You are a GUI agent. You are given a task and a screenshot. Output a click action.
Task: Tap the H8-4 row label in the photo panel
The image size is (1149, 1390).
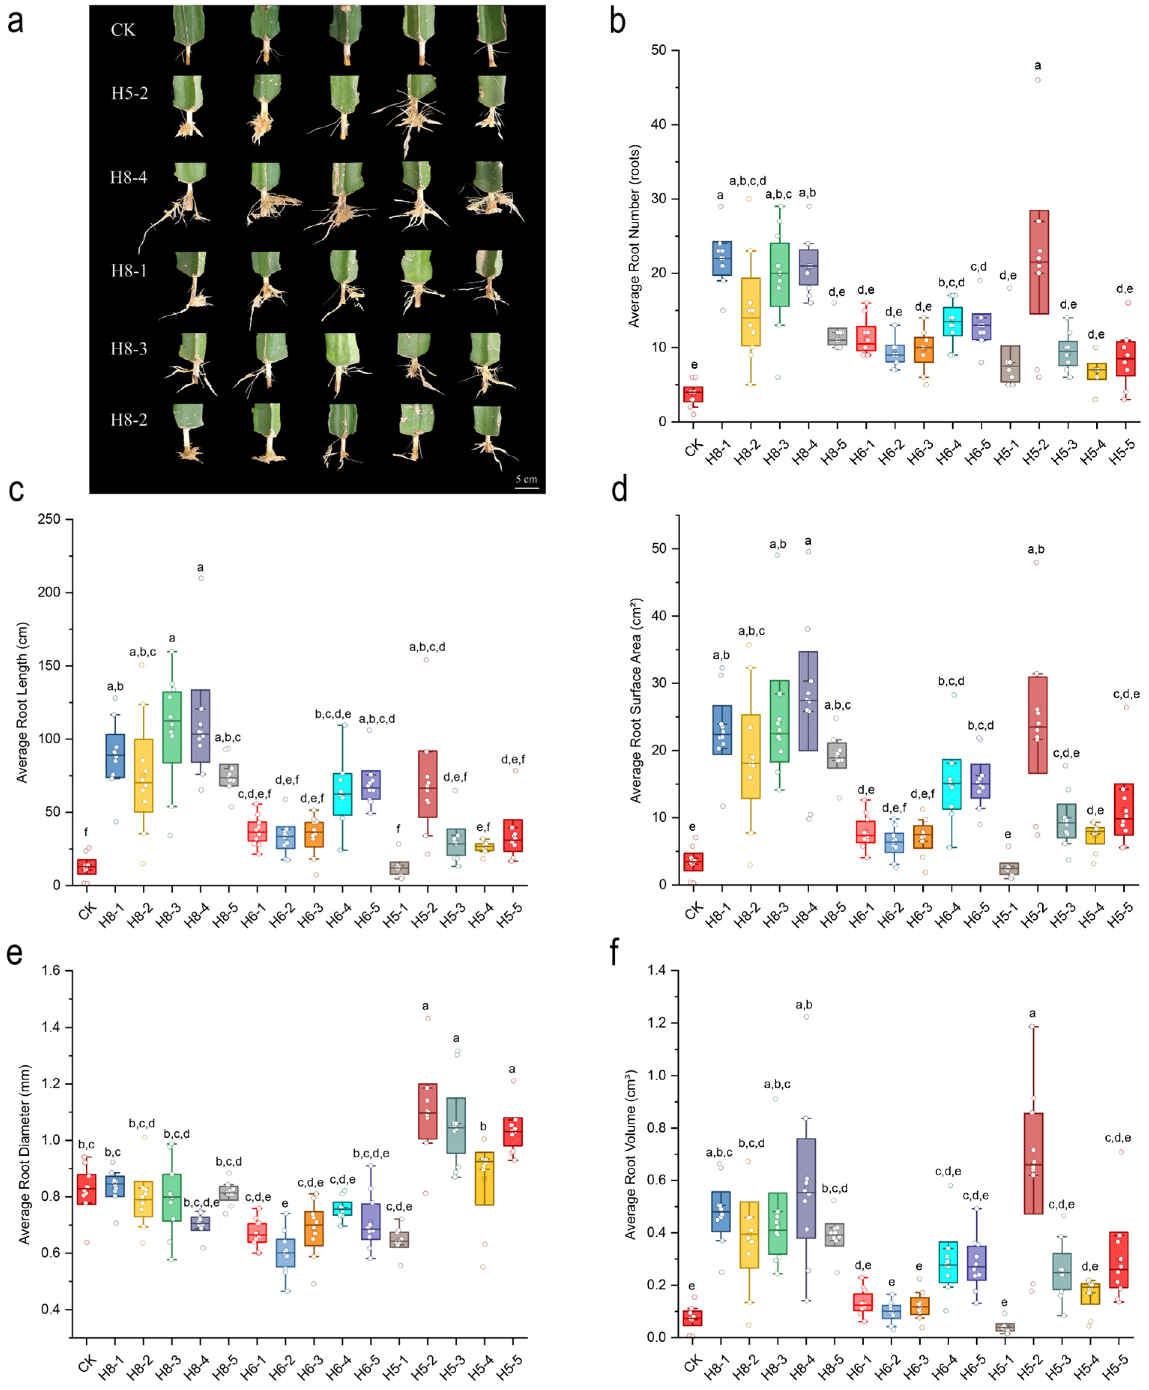tap(128, 177)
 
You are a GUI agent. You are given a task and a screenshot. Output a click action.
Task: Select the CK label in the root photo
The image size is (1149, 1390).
tap(123, 30)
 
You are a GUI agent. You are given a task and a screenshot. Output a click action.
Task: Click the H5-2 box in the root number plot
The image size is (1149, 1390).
tap(1038, 262)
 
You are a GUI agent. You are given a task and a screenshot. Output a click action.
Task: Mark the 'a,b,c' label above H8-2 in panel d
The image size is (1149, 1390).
tap(751, 631)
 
